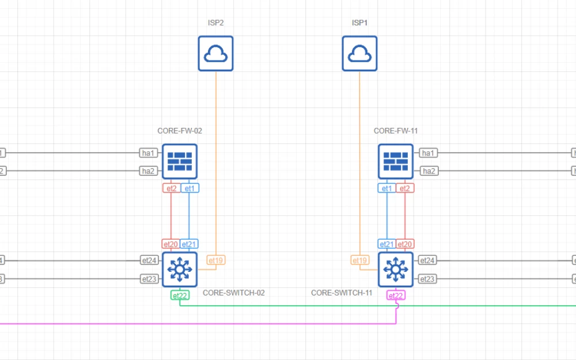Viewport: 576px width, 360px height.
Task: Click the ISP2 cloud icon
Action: point(215,54)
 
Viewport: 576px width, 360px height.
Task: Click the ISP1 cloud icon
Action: point(359,54)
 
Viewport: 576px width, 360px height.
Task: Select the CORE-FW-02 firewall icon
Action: point(180,162)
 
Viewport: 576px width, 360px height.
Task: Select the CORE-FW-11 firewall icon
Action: point(396,162)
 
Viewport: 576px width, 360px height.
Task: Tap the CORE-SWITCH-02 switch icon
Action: point(180,269)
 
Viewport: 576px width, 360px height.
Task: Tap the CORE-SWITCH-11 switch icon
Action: point(396,269)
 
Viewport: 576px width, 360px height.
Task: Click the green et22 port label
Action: point(180,295)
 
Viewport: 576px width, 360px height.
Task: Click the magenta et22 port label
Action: point(396,295)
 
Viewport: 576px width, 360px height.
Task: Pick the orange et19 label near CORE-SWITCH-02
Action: point(215,260)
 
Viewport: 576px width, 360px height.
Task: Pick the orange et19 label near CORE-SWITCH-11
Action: point(359,260)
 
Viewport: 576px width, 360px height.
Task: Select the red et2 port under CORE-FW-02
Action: point(171,188)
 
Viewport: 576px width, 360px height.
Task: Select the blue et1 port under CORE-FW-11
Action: point(386,188)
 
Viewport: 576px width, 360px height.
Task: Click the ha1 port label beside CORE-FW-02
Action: point(148,153)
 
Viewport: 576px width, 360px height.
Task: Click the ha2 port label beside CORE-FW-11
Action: point(428,171)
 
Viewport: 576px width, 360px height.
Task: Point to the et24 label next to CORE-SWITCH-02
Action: point(149,260)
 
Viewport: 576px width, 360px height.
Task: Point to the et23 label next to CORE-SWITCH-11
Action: point(427,279)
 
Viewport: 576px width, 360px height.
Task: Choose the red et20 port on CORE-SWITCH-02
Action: point(170,244)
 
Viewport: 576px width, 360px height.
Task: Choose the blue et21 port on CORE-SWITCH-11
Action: point(386,244)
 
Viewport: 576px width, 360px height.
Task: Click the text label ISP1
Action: point(359,23)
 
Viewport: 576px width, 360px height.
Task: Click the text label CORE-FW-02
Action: point(180,131)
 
